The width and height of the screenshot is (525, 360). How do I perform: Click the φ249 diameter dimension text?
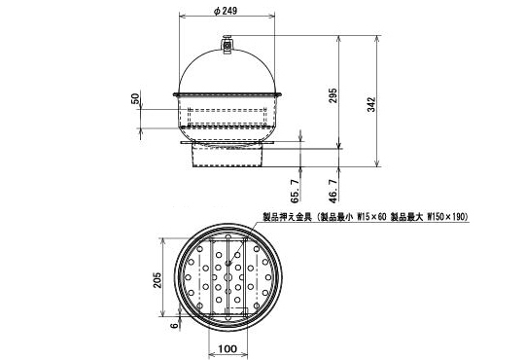[x=226, y=11]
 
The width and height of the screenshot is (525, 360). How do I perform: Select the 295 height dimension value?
[x=332, y=95]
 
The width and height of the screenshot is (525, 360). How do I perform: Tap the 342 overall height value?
[x=372, y=104]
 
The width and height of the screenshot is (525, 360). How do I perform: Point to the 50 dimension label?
[x=135, y=99]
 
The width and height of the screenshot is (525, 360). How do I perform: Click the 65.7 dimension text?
[x=295, y=192]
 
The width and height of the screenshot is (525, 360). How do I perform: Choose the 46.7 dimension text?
[x=333, y=192]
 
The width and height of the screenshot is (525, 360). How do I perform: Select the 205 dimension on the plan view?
[x=157, y=280]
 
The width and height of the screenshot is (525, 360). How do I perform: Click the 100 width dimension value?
[x=227, y=348]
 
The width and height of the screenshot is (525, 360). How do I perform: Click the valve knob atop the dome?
[x=227, y=44]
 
